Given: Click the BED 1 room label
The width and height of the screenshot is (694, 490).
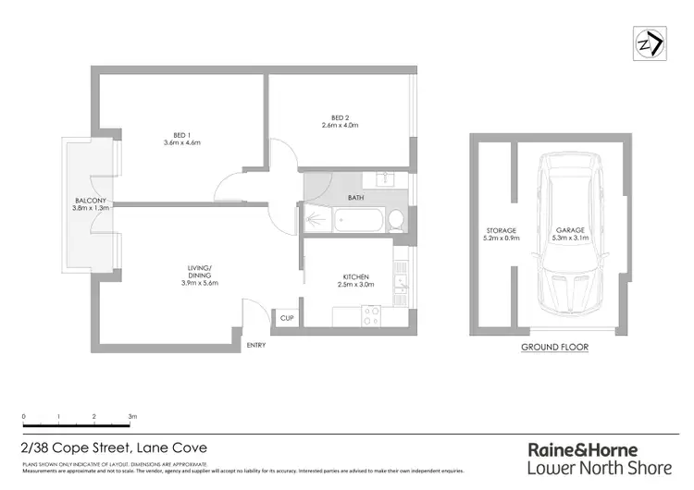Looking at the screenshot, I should tap(182, 133).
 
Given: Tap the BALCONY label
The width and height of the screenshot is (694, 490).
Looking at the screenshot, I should tap(93, 201).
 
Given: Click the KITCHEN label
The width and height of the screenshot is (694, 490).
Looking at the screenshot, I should tap(355, 276).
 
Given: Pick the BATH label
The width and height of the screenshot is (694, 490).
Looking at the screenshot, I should tap(355, 198).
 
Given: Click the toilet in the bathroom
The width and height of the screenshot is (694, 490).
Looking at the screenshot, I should tap(395, 220).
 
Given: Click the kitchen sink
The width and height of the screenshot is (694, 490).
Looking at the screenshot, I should tap(400, 274).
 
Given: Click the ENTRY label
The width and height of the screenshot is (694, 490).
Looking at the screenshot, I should tap(256, 346).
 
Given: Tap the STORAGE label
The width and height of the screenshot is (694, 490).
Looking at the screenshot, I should tap(501, 230).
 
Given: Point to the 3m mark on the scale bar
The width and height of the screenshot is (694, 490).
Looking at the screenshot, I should tap(132, 418).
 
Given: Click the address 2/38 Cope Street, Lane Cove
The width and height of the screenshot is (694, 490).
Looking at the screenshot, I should tap(113, 447).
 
